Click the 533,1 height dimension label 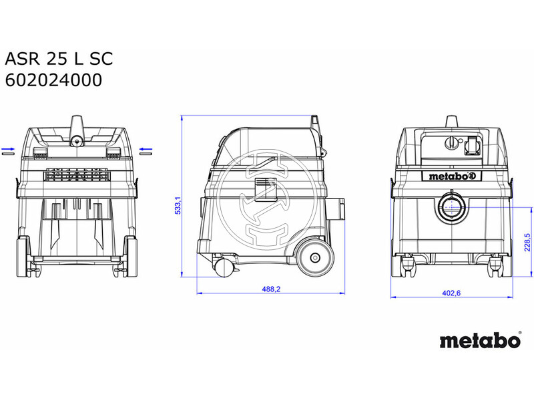click(178, 206)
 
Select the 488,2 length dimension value click(271, 289)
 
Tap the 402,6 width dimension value click(451, 293)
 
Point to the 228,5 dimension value click(527, 242)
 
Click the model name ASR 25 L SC click(59, 59)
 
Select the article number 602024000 click(53, 80)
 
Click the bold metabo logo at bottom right click(480, 340)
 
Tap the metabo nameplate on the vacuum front click(452, 176)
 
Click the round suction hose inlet click(452, 207)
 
